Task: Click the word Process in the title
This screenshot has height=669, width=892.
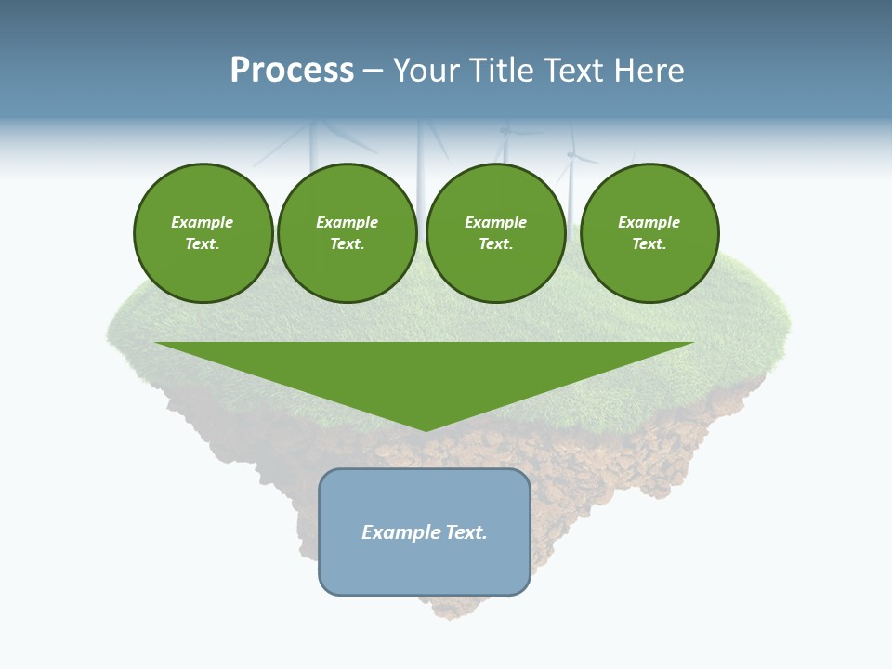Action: tap(292, 71)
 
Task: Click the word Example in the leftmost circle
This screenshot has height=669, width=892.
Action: tap(203, 222)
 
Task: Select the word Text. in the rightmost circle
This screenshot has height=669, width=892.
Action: tap(649, 244)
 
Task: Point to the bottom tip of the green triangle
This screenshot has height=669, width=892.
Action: tap(426, 430)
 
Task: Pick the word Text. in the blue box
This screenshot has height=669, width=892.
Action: tap(467, 532)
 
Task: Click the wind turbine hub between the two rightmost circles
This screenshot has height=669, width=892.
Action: tap(571, 154)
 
